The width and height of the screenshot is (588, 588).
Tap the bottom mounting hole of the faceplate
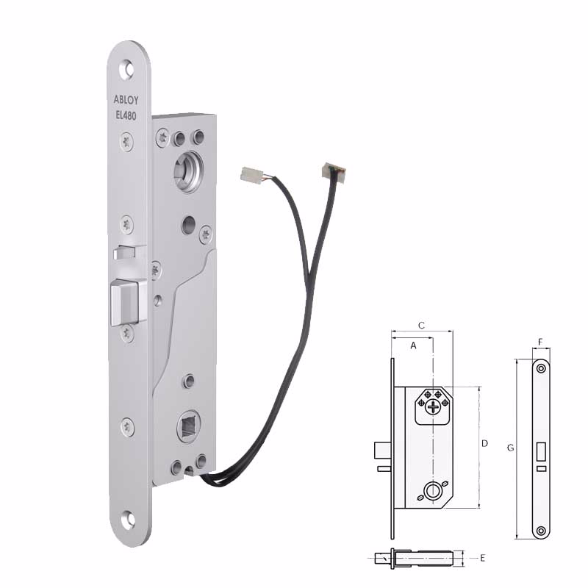tap(129, 520)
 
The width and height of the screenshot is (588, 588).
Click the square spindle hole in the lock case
tap(187, 426)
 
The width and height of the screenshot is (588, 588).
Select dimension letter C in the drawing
tap(421, 325)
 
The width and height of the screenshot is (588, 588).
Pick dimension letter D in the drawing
tap(484, 443)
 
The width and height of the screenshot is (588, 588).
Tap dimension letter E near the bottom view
tap(482, 559)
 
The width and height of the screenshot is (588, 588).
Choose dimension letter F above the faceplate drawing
tap(540, 343)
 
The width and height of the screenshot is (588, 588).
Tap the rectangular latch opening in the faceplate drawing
tap(542, 451)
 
